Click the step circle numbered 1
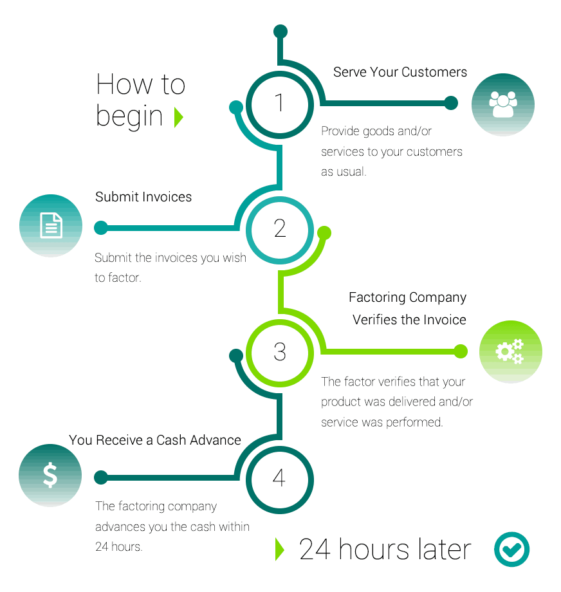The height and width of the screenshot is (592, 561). coord(279,103)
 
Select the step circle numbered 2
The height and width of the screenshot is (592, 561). coord(279,228)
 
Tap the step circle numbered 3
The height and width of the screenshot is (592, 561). coord(279,351)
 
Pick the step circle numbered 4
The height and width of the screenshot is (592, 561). coord(279,477)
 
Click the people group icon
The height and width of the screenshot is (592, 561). coord(503,104)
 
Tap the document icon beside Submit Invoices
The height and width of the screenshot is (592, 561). coord(51,226)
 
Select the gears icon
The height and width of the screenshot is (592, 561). coord(510,351)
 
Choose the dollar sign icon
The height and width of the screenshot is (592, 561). coord(50,475)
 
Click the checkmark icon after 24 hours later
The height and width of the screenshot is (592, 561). coord(511,550)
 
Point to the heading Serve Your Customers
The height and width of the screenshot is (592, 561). coord(400,72)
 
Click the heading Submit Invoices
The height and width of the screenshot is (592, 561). coord(143,197)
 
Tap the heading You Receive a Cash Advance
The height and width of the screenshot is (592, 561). coord(155,440)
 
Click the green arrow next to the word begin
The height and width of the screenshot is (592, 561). coord(179,117)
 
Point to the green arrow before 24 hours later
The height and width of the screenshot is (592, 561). coord(279,549)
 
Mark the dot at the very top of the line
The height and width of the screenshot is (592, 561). coord(280,32)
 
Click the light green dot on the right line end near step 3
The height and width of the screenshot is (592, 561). coord(461,351)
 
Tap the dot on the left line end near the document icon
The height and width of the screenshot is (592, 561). coord(101,228)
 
